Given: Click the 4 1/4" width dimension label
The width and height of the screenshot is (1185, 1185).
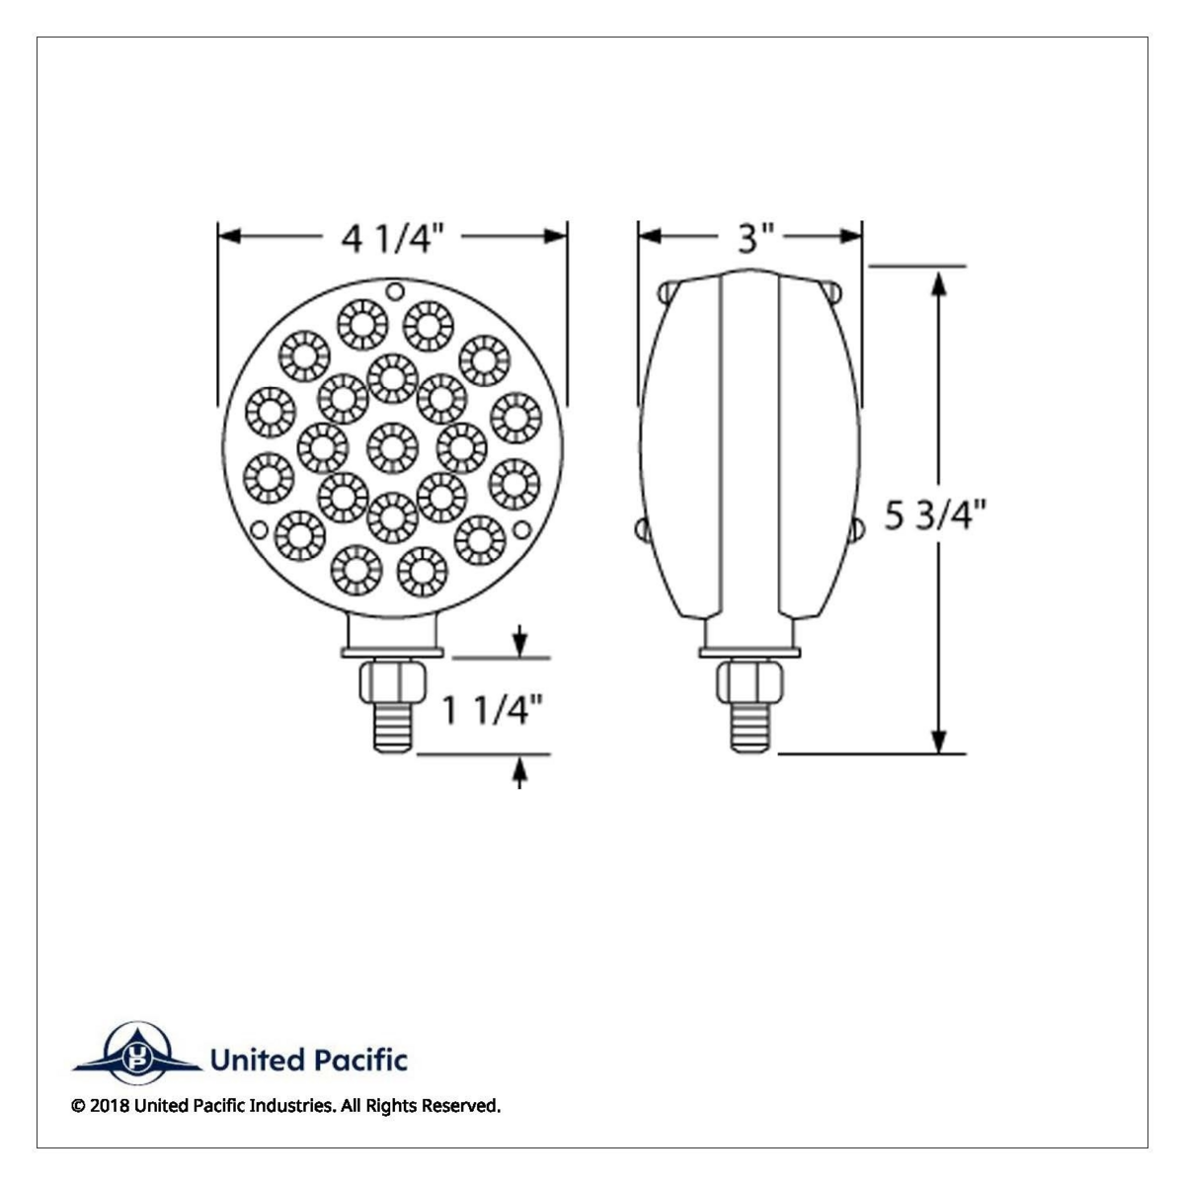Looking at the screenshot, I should (x=392, y=237).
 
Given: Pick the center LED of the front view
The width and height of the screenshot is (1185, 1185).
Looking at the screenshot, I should (x=392, y=446).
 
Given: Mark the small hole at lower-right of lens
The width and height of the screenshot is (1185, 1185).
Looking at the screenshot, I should (x=525, y=529).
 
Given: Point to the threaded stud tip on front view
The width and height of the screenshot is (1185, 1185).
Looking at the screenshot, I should (x=393, y=736).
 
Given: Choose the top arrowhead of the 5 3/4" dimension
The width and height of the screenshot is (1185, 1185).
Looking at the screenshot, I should (x=939, y=280).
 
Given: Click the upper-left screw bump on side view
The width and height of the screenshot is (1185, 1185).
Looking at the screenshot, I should (x=668, y=292).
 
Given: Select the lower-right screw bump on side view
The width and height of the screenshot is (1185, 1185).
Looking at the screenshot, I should (x=855, y=532).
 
